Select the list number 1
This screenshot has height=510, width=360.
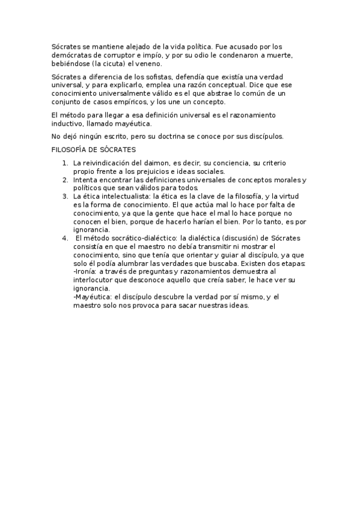coord(65,163)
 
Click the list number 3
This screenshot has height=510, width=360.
coord(65,196)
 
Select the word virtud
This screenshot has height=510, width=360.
coord(295,196)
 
